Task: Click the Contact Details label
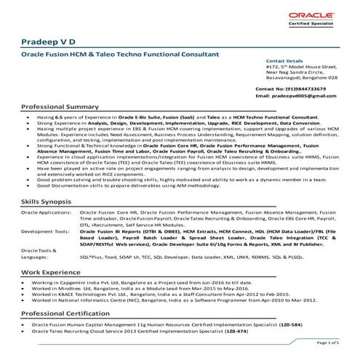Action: pos(284,62)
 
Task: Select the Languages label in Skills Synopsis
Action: pos(36,257)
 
